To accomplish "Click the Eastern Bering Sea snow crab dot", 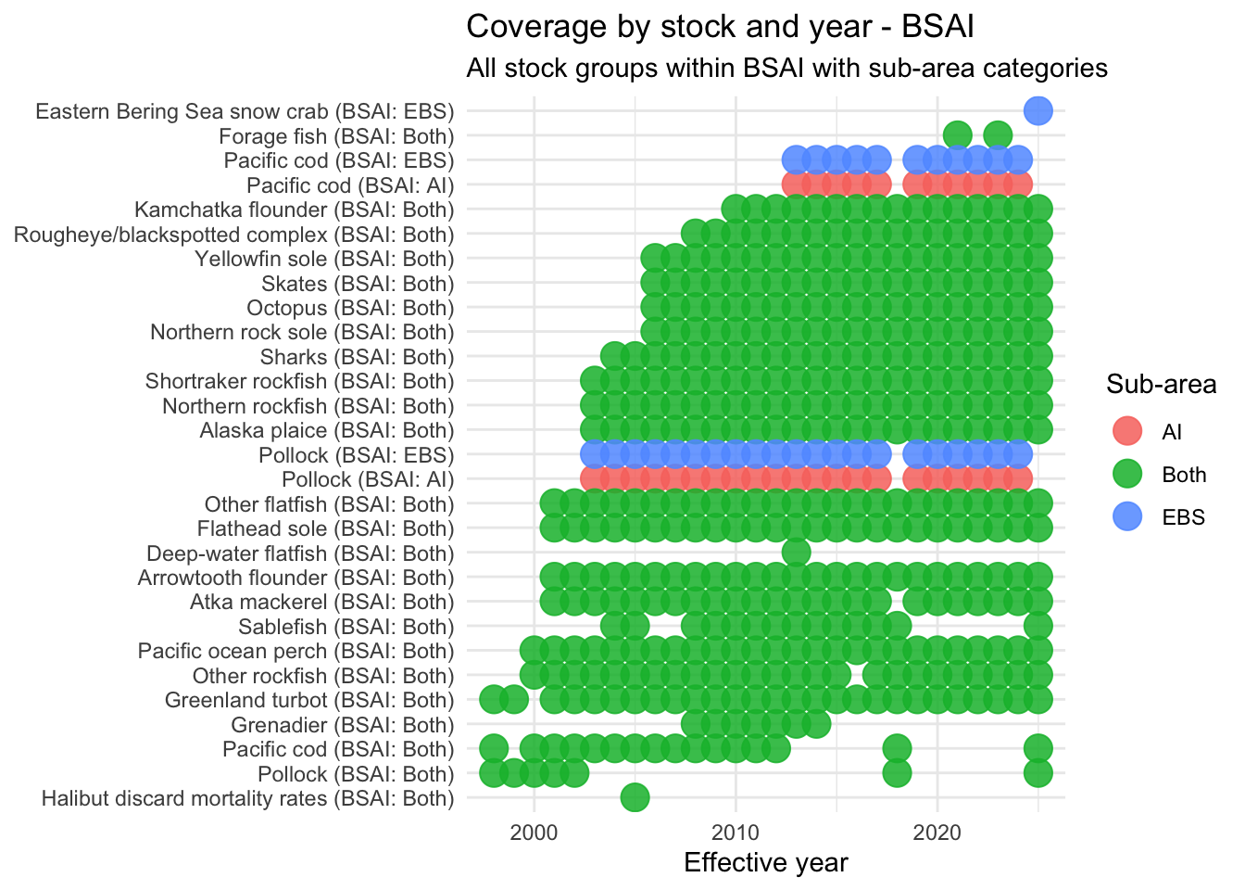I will (1037, 111).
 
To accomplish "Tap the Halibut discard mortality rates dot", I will (635, 797).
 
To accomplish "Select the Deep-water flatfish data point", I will (796, 553).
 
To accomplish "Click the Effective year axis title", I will (765, 863).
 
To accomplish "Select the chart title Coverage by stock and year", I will (720, 27).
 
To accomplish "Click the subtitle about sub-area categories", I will (786, 69).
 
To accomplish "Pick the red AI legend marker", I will (1126, 431).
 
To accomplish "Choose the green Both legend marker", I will (1126, 475).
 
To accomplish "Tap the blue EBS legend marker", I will (1126, 517).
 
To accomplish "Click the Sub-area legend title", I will (1161, 385).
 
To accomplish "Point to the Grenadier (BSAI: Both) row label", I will (343, 725).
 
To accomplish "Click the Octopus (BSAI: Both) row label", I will (350, 308).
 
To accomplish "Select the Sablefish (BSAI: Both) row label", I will (346, 627).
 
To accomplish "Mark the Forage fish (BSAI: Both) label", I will (336, 136).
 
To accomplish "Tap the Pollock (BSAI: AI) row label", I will (368, 479).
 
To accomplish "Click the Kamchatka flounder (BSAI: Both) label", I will (295, 210).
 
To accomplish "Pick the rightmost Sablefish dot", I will (1037, 626).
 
